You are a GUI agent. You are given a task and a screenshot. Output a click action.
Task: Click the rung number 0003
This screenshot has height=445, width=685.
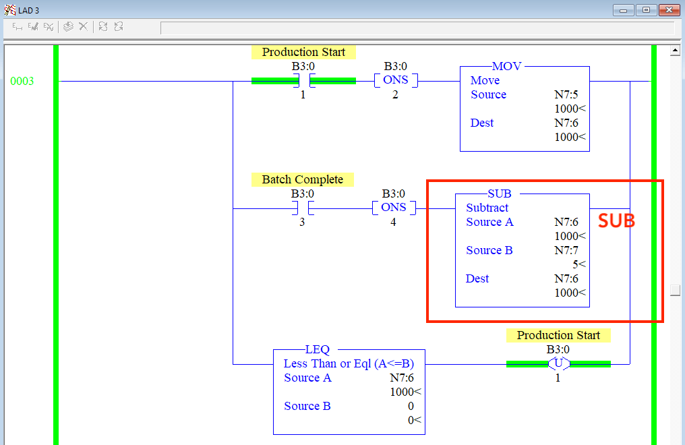point(22,82)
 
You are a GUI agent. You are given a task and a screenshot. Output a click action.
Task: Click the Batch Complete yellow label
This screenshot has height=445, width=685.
point(303,179)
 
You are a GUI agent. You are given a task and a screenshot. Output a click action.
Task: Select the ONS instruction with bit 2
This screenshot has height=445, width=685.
point(396,80)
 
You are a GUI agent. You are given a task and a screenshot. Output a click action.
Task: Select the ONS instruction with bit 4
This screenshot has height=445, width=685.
point(394,208)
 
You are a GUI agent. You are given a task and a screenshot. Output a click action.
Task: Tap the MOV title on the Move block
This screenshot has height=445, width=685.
point(507,66)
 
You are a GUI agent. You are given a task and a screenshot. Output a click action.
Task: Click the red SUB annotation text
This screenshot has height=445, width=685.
point(617,221)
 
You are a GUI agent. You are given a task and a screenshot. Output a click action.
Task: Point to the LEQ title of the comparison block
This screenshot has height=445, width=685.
point(318,349)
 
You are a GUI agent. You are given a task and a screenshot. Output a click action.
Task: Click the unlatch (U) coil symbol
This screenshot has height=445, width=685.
point(558,364)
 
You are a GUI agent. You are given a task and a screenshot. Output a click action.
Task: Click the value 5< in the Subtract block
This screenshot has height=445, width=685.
point(578,264)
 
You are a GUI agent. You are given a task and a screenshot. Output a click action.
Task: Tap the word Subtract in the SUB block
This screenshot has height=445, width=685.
point(487,208)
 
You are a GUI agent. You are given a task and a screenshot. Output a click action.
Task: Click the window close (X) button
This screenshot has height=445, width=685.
point(669,10)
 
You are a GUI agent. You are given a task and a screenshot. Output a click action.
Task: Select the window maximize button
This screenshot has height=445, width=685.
point(647,10)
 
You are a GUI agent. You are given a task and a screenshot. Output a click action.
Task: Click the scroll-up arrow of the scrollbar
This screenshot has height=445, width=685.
point(675,51)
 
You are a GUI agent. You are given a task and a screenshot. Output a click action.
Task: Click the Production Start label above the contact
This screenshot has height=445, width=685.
point(303,52)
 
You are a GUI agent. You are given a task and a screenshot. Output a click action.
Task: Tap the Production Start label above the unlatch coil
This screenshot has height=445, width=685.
point(558,335)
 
